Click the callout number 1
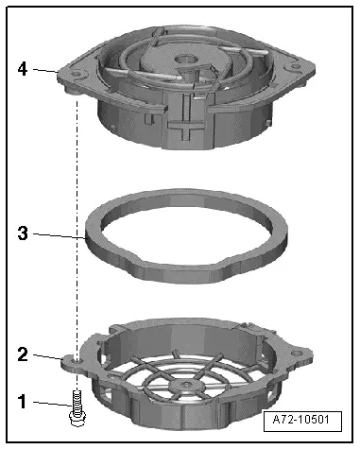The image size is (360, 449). (22, 402)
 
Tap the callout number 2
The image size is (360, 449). (23, 354)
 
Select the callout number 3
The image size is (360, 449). (23, 233)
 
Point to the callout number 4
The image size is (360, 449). (23, 69)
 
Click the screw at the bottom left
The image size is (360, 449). (76, 408)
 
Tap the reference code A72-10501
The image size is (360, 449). (301, 420)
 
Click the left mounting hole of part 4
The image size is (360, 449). (76, 75)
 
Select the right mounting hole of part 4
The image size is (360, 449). (295, 66)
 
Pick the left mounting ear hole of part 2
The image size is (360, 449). (76, 358)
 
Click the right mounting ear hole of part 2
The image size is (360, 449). (296, 353)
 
